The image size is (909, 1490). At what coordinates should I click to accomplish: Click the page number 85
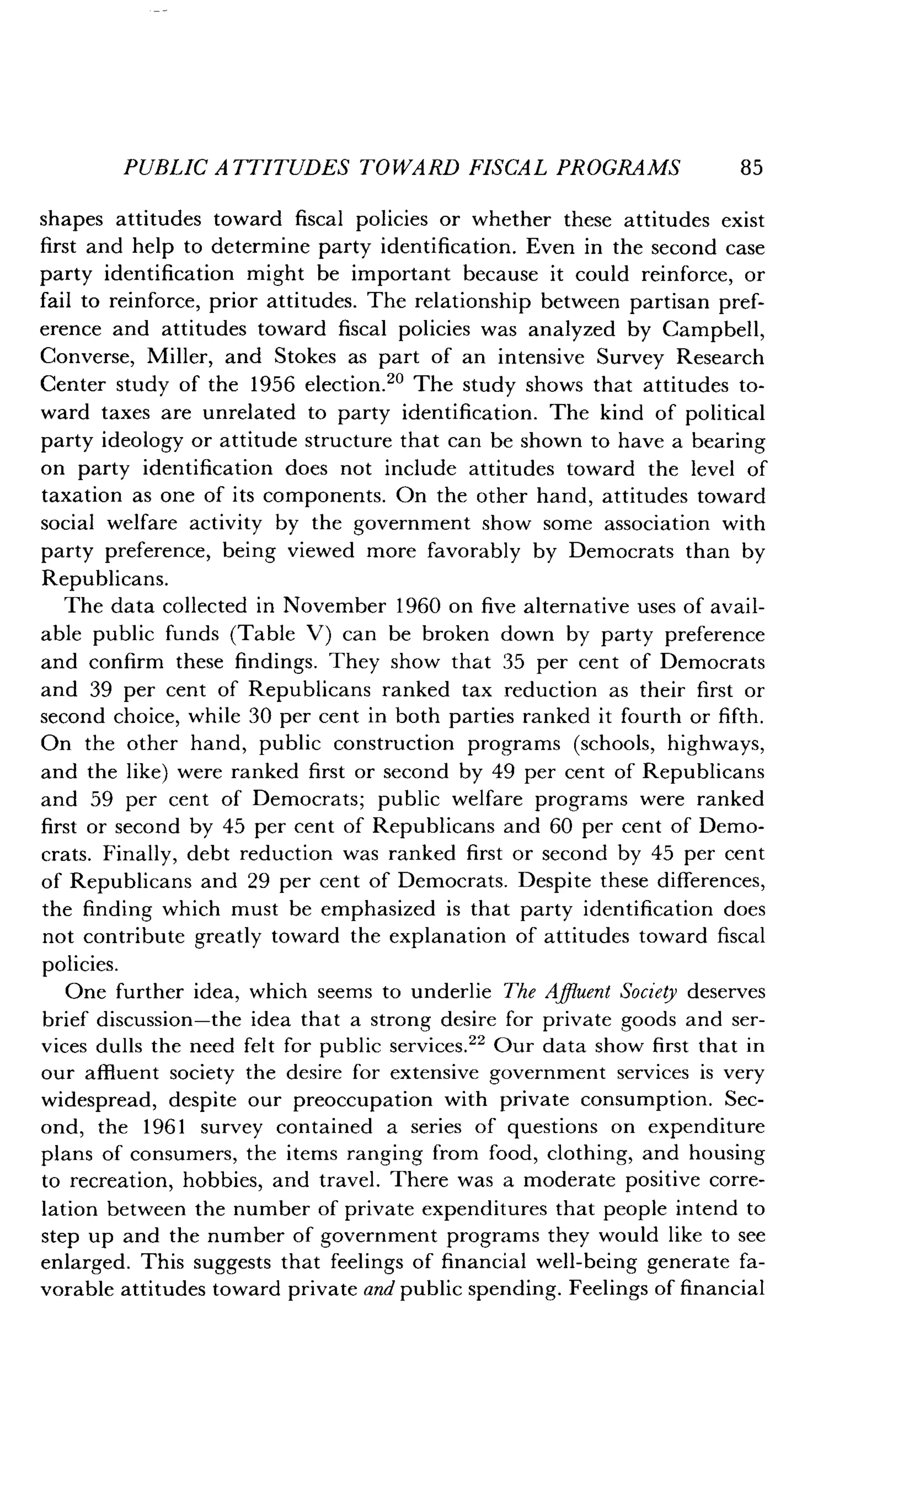tap(751, 168)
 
